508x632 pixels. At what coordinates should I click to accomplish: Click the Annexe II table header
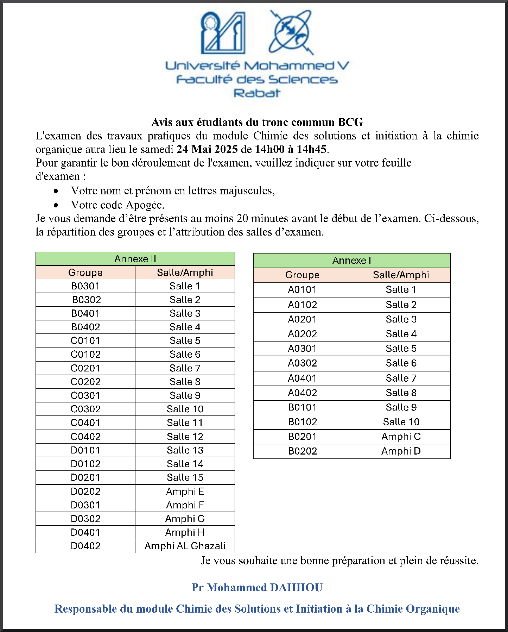coord(135,259)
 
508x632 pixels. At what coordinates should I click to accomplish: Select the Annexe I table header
coord(351,261)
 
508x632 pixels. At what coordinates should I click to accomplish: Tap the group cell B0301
coord(85,286)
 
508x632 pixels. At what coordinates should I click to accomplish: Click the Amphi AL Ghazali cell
coord(185,546)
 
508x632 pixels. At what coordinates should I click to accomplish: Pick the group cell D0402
coord(85,546)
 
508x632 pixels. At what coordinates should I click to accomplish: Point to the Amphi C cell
coord(401,437)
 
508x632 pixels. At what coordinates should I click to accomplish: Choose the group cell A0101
coord(302,290)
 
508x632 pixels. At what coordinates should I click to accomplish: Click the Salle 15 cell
coord(185,477)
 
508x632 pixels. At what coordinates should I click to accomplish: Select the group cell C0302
coord(85,409)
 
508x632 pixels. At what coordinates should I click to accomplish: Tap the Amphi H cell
coord(185,532)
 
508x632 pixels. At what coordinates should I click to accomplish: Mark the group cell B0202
coord(302,451)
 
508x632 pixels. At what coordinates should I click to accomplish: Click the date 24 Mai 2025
coord(207,149)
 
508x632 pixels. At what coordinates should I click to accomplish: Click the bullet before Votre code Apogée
coord(56,205)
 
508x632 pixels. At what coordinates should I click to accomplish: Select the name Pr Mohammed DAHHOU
coord(257,587)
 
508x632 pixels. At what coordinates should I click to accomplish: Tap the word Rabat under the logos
coord(257,93)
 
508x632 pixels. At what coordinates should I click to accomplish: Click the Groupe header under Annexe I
coord(302,275)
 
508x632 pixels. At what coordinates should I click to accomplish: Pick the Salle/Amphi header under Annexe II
coord(185,273)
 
